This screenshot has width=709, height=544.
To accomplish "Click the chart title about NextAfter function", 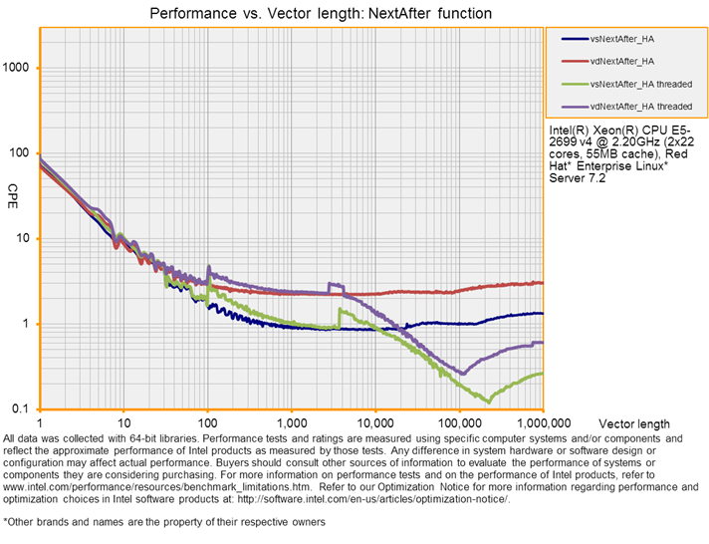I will click(x=320, y=14).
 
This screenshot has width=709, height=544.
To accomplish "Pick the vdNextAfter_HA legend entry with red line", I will click(x=620, y=61).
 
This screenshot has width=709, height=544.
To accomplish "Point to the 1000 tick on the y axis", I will click(x=18, y=68).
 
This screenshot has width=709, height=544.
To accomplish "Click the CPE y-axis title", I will click(x=13, y=190).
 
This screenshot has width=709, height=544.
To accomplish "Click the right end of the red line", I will click(x=542, y=283).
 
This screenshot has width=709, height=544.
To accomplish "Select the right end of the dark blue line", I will click(x=542, y=313).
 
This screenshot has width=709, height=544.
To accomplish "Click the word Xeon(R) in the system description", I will click(x=605, y=131).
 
